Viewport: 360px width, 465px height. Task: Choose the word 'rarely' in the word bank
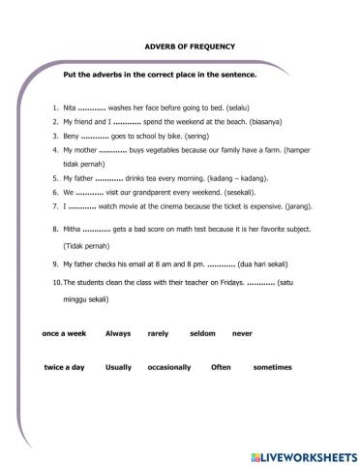[x=158, y=332]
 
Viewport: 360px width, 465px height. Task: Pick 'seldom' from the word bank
[x=202, y=332]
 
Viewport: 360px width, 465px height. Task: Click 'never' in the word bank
[x=242, y=332]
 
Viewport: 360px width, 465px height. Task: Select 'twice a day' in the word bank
[x=65, y=368]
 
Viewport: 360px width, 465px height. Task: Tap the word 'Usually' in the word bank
[x=118, y=368]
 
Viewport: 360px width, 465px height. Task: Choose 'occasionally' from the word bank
[x=168, y=368]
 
